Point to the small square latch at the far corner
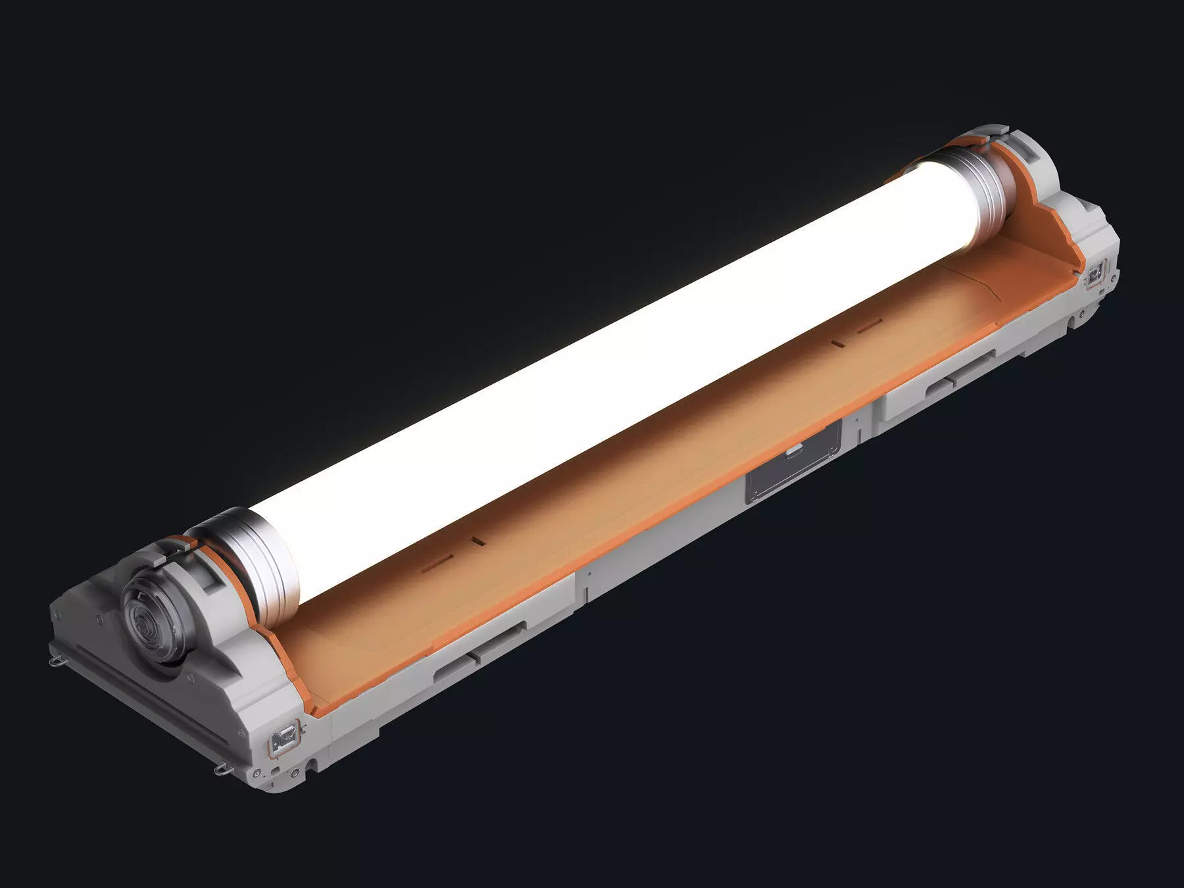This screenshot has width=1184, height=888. pyautogui.click(x=1095, y=274)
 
